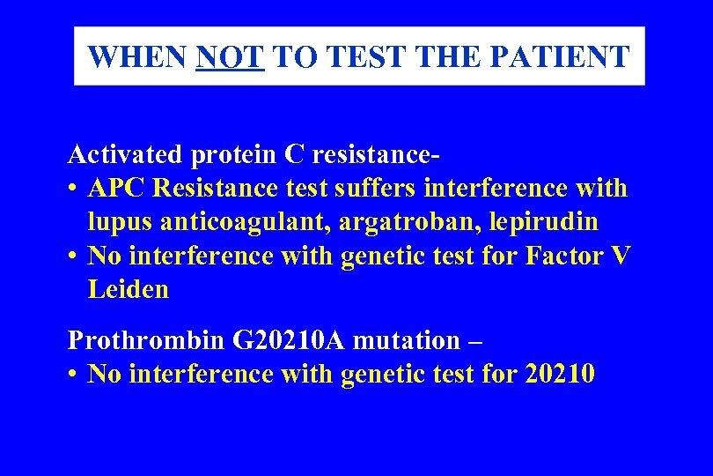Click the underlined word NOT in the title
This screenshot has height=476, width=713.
coord(231,57)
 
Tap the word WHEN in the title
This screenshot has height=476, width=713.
coord(139,57)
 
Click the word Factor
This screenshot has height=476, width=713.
coord(564,256)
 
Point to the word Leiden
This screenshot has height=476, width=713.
coord(128,289)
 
